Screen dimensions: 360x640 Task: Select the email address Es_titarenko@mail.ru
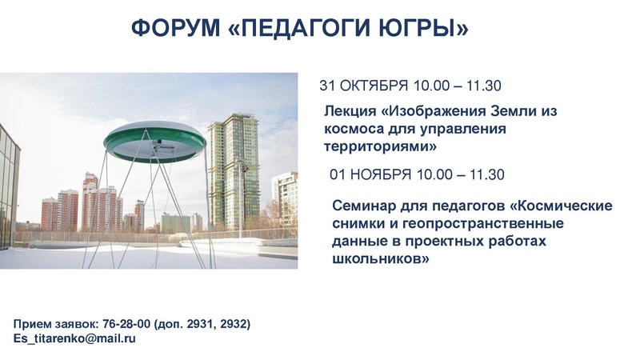point(74,338)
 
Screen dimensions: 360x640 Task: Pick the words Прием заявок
point(54,324)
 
